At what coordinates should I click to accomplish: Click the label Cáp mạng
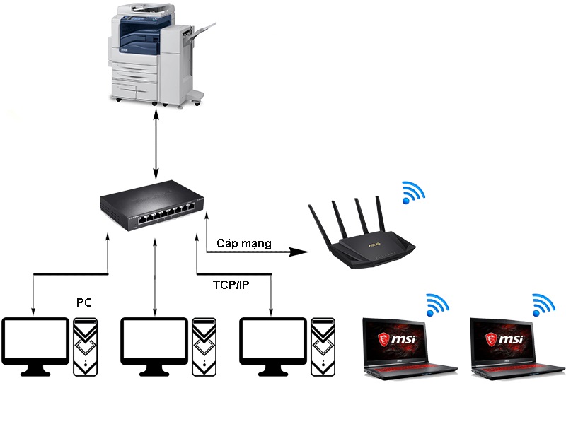[244, 244]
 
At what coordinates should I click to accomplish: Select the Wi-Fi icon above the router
[412, 192]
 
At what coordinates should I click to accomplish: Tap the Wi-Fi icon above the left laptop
[437, 305]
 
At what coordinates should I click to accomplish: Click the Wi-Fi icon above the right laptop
[543, 305]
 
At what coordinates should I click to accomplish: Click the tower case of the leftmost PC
[84, 346]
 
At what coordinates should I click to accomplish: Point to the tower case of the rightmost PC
[322, 346]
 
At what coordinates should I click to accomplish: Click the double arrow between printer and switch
[156, 141]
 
